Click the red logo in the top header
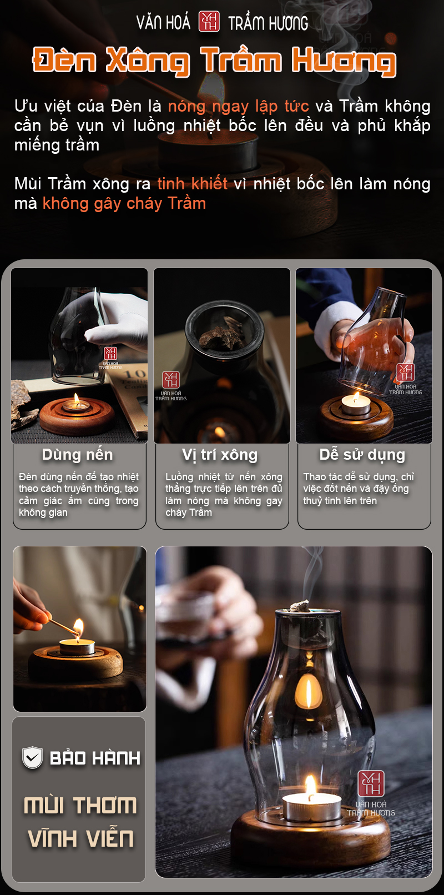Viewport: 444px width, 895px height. pyautogui.click(x=209, y=21)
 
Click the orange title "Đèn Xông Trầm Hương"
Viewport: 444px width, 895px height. pyautogui.click(x=214, y=61)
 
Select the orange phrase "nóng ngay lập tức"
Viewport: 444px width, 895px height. pyautogui.click(x=238, y=106)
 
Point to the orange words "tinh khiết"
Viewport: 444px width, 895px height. pyautogui.click(x=193, y=183)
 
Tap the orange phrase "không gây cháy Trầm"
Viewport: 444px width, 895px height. pyautogui.click(x=124, y=203)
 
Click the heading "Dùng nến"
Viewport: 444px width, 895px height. pyautogui.click(x=78, y=455)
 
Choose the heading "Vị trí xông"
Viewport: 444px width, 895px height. pyautogui.click(x=220, y=455)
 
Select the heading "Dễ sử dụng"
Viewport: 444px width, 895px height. pyautogui.click(x=362, y=455)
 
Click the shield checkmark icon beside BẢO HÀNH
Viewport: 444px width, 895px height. pyautogui.click(x=32, y=757)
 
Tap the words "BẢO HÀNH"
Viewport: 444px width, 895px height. pyautogui.click(x=95, y=758)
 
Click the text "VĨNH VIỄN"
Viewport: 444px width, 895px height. pyautogui.click(x=80, y=838)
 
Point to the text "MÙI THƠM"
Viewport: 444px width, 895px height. pyautogui.click(x=80, y=805)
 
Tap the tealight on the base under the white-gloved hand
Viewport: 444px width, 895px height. pyautogui.click(x=76, y=404)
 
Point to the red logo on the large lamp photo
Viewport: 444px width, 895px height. pyautogui.click(x=371, y=783)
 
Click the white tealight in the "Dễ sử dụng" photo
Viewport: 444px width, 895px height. pyautogui.click(x=356, y=404)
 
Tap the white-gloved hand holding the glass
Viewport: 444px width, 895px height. pyautogui.click(x=117, y=320)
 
